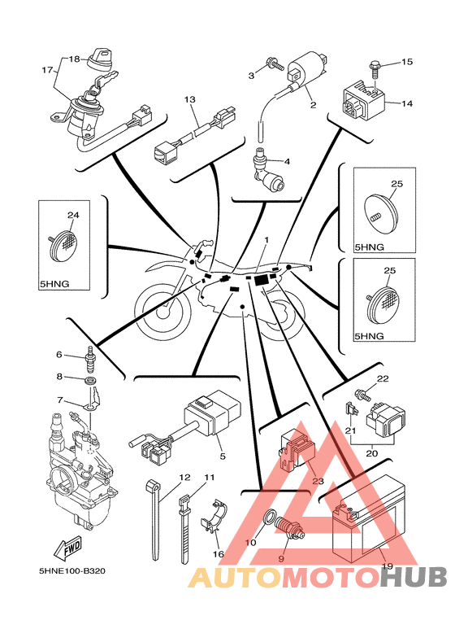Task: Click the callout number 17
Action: point(47,70)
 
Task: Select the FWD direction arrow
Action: point(68,548)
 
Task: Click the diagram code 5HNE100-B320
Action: point(72,570)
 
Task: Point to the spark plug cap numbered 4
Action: point(266,171)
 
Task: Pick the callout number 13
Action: point(190,99)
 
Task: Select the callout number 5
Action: point(223,456)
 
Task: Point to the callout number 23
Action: point(318,481)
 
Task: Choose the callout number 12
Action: point(184,478)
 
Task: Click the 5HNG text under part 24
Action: point(54,284)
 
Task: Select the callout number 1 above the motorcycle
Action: point(266,239)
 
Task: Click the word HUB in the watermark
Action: point(414,578)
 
